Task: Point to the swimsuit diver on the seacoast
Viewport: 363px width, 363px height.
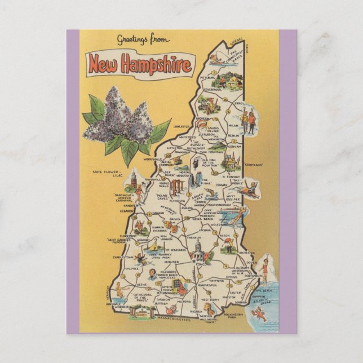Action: (265, 273)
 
